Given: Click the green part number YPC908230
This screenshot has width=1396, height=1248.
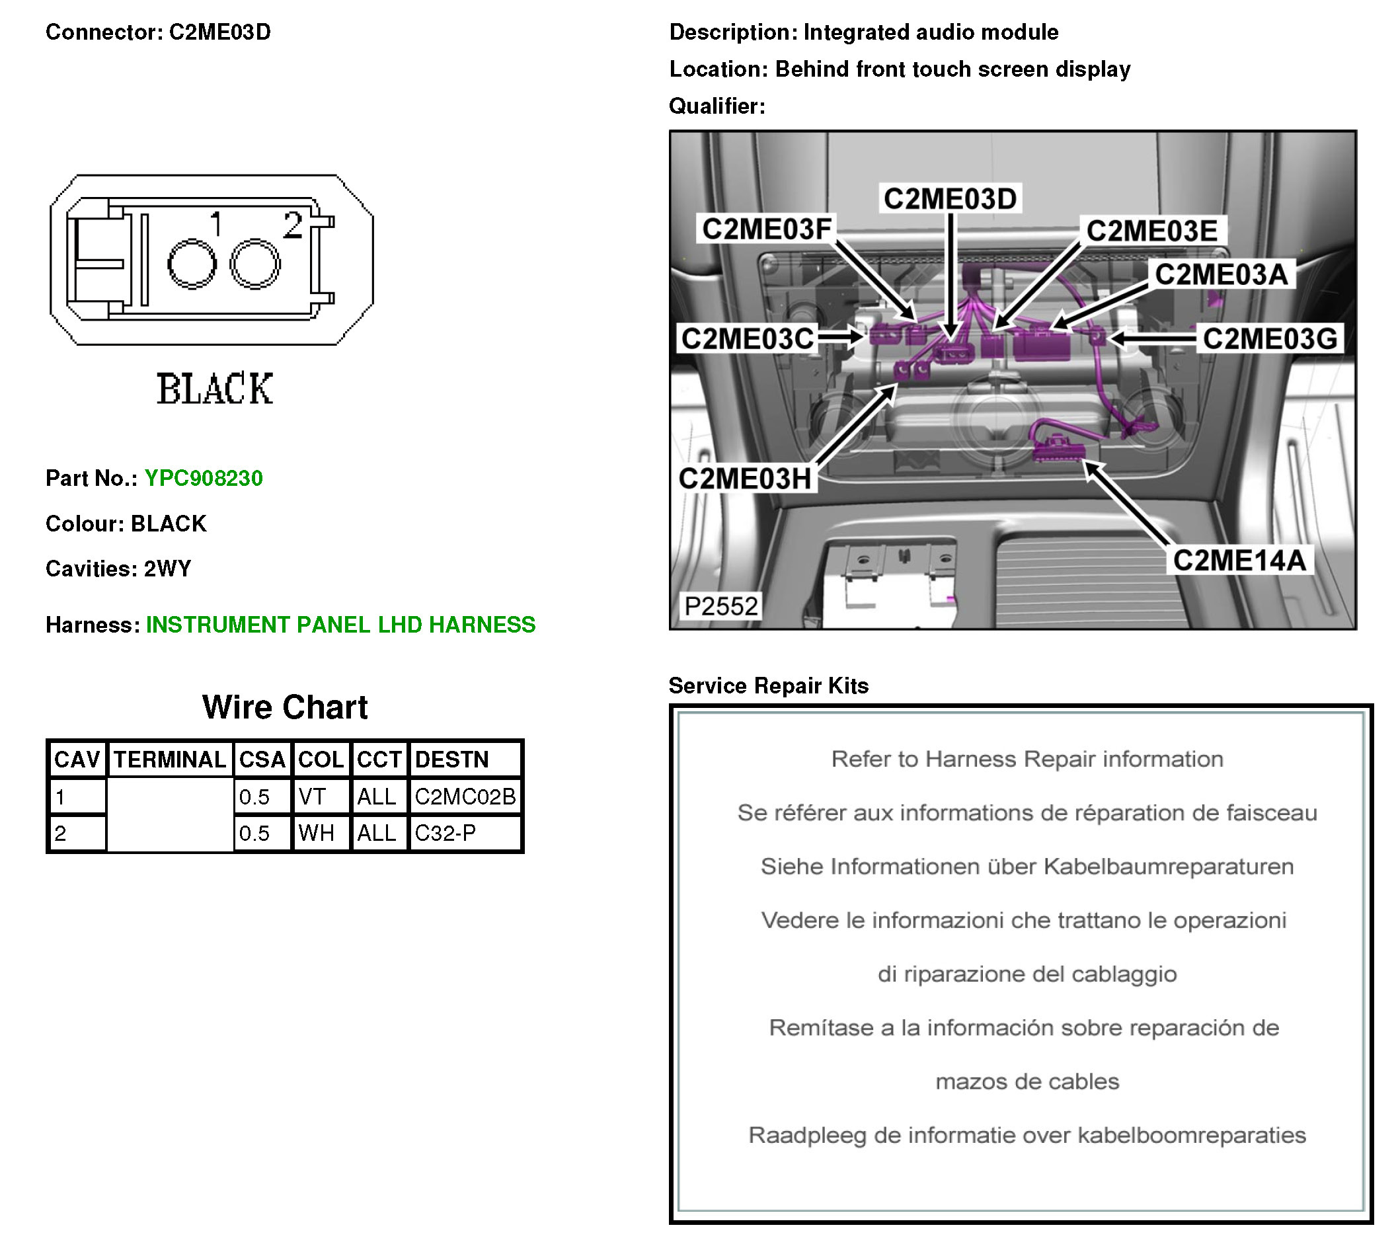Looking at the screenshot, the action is (203, 478).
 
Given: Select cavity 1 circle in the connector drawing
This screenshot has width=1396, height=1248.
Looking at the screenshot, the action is (192, 263).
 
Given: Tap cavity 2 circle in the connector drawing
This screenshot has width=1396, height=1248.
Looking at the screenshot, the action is (254, 263).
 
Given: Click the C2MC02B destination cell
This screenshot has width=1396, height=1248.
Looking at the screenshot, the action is (465, 796).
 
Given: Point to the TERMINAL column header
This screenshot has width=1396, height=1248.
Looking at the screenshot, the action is (169, 759).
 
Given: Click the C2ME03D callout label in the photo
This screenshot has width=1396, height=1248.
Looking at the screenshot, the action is (950, 199).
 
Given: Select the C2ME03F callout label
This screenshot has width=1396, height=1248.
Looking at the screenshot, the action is (767, 229).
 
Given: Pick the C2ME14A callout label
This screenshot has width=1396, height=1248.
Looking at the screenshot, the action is (1238, 561).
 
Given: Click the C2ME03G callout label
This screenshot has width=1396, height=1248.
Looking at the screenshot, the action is (1270, 338).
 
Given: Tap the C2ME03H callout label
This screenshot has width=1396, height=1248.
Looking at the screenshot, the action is (745, 479).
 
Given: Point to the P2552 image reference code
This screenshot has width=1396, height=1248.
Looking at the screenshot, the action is (720, 606).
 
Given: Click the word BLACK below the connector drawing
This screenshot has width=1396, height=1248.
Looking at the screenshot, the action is (215, 389).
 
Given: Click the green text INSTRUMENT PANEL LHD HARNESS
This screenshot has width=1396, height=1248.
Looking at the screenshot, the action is (341, 625).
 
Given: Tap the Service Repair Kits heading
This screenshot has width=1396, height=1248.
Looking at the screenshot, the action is (768, 685).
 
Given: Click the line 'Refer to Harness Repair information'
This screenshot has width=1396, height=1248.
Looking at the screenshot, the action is (1027, 759).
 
